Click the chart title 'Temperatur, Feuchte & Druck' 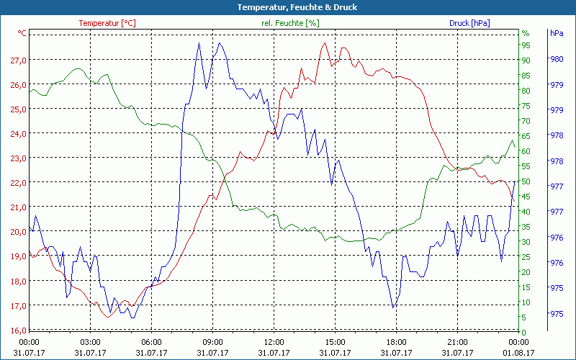(x=288, y=7)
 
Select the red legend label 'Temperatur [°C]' (x=107, y=23)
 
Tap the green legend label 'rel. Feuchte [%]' (x=290, y=23)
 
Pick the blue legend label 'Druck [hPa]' (x=469, y=23)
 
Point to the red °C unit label (x=22, y=33)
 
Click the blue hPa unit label (x=556, y=33)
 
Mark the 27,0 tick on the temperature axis (x=19, y=60)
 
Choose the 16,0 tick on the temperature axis (x=19, y=330)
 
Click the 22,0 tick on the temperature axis (x=19, y=183)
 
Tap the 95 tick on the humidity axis (x=526, y=45)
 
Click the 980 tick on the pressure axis (x=557, y=60)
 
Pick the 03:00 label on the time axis (x=90, y=341)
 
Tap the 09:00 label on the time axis (x=212, y=341)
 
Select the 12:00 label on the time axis (x=274, y=341)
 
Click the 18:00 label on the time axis (x=397, y=341)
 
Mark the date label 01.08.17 (x=519, y=352)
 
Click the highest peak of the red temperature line (x=325, y=43)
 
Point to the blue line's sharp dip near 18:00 (x=393, y=307)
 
